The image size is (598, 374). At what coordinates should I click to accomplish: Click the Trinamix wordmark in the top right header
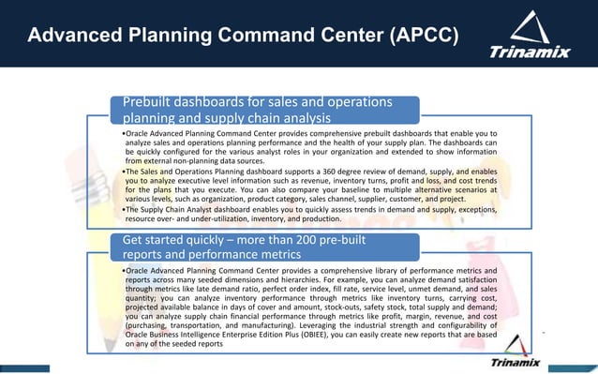[530, 52]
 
